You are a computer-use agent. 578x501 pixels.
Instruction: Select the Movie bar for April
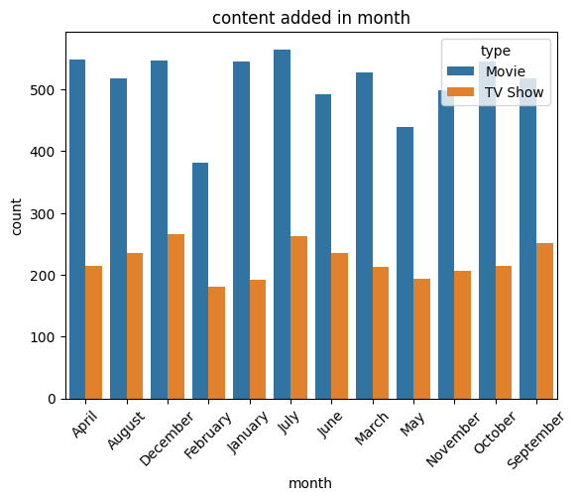pyautogui.click(x=77, y=229)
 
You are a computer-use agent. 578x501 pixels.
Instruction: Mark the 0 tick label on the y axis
pyautogui.click(x=52, y=399)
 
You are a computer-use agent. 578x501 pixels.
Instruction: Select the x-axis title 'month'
pyautogui.click(x=310, y=483)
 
